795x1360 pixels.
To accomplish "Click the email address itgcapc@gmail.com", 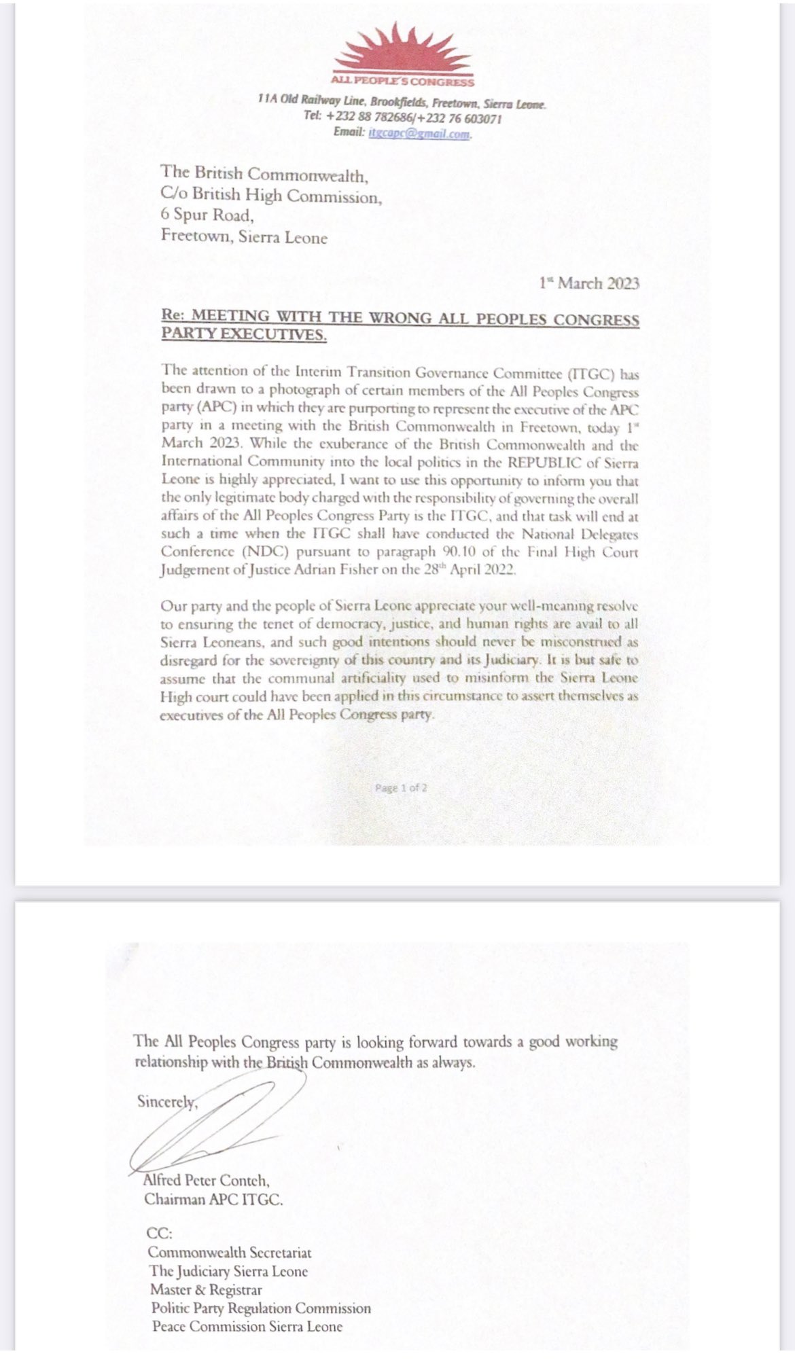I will (x=419, y=133).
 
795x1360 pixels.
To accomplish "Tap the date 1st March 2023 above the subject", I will (x=589, y=283).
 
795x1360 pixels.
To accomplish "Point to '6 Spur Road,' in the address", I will (x=207, y=215).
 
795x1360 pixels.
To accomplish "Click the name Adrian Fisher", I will (x=334, y=570).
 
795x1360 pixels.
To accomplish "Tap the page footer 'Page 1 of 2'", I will (x=401, y=788).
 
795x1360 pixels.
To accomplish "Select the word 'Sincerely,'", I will (x=167, y=1101).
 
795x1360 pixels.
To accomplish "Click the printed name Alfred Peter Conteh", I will (x=207, y=1181).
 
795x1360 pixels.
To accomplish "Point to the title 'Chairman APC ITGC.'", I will (x=213, y=1200).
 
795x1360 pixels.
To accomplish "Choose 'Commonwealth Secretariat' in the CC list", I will (x=230, y=1252).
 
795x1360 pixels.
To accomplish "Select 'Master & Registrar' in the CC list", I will (x=207, y=1289).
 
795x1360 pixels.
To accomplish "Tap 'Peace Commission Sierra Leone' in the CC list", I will (x=247, y=1326).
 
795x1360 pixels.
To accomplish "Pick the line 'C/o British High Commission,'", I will (x=272, y=196).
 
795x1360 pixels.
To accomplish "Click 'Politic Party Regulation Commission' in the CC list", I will (x=261, y=1308).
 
